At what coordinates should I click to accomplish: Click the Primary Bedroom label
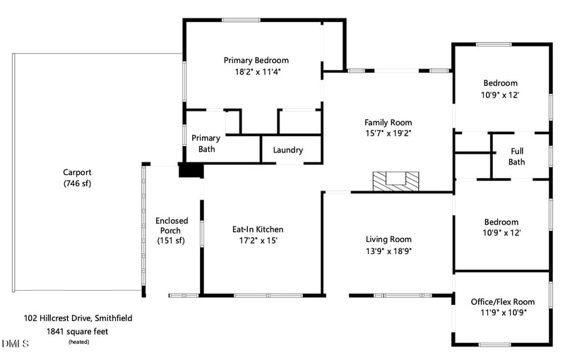256,60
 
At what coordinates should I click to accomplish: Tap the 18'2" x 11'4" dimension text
256,71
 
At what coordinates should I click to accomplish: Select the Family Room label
388,122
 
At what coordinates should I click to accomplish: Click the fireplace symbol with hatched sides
395,181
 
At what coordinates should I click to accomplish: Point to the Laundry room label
287,150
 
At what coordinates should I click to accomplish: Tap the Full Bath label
517,156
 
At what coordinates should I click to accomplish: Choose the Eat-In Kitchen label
258,229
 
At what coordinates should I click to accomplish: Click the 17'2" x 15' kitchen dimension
258,241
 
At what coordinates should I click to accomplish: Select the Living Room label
388,239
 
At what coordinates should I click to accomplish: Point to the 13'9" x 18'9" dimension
388,251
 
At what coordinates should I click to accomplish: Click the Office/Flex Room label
502,301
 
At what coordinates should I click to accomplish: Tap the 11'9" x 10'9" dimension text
502,312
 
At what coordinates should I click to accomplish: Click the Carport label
77,172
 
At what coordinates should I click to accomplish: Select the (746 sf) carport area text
77,184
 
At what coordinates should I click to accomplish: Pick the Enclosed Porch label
172,225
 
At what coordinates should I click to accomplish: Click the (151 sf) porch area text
172,241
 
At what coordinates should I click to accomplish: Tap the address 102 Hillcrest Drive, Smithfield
77,318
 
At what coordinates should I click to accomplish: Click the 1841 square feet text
77,330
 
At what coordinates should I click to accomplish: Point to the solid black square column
190,171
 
